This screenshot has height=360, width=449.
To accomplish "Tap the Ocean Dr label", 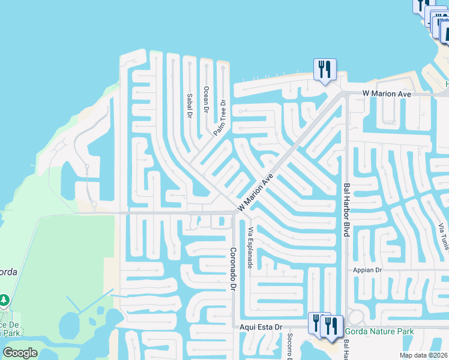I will [x=206, y=100].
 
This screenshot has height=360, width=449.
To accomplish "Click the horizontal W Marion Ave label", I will [x=386, y=94].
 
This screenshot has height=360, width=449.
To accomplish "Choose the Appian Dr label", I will [x=367, y=271].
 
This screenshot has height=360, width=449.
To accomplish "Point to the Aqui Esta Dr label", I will [x=261, y=327].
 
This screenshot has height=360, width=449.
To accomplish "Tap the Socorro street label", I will [x=289, y=345].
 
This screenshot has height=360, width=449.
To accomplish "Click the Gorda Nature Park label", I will [x=379, y=331].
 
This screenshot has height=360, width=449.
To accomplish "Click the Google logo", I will [x=20, y=353].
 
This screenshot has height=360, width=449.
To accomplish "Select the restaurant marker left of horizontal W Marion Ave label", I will [x=325, y=70].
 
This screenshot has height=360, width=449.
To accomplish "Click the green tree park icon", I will [x=4, y=299].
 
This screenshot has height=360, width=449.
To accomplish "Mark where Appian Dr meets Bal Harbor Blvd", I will [x=346, y=271].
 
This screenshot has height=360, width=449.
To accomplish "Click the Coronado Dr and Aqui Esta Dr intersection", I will [x=234, y=327].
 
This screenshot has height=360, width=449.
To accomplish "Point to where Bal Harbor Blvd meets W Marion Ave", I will [x=346, y=94].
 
